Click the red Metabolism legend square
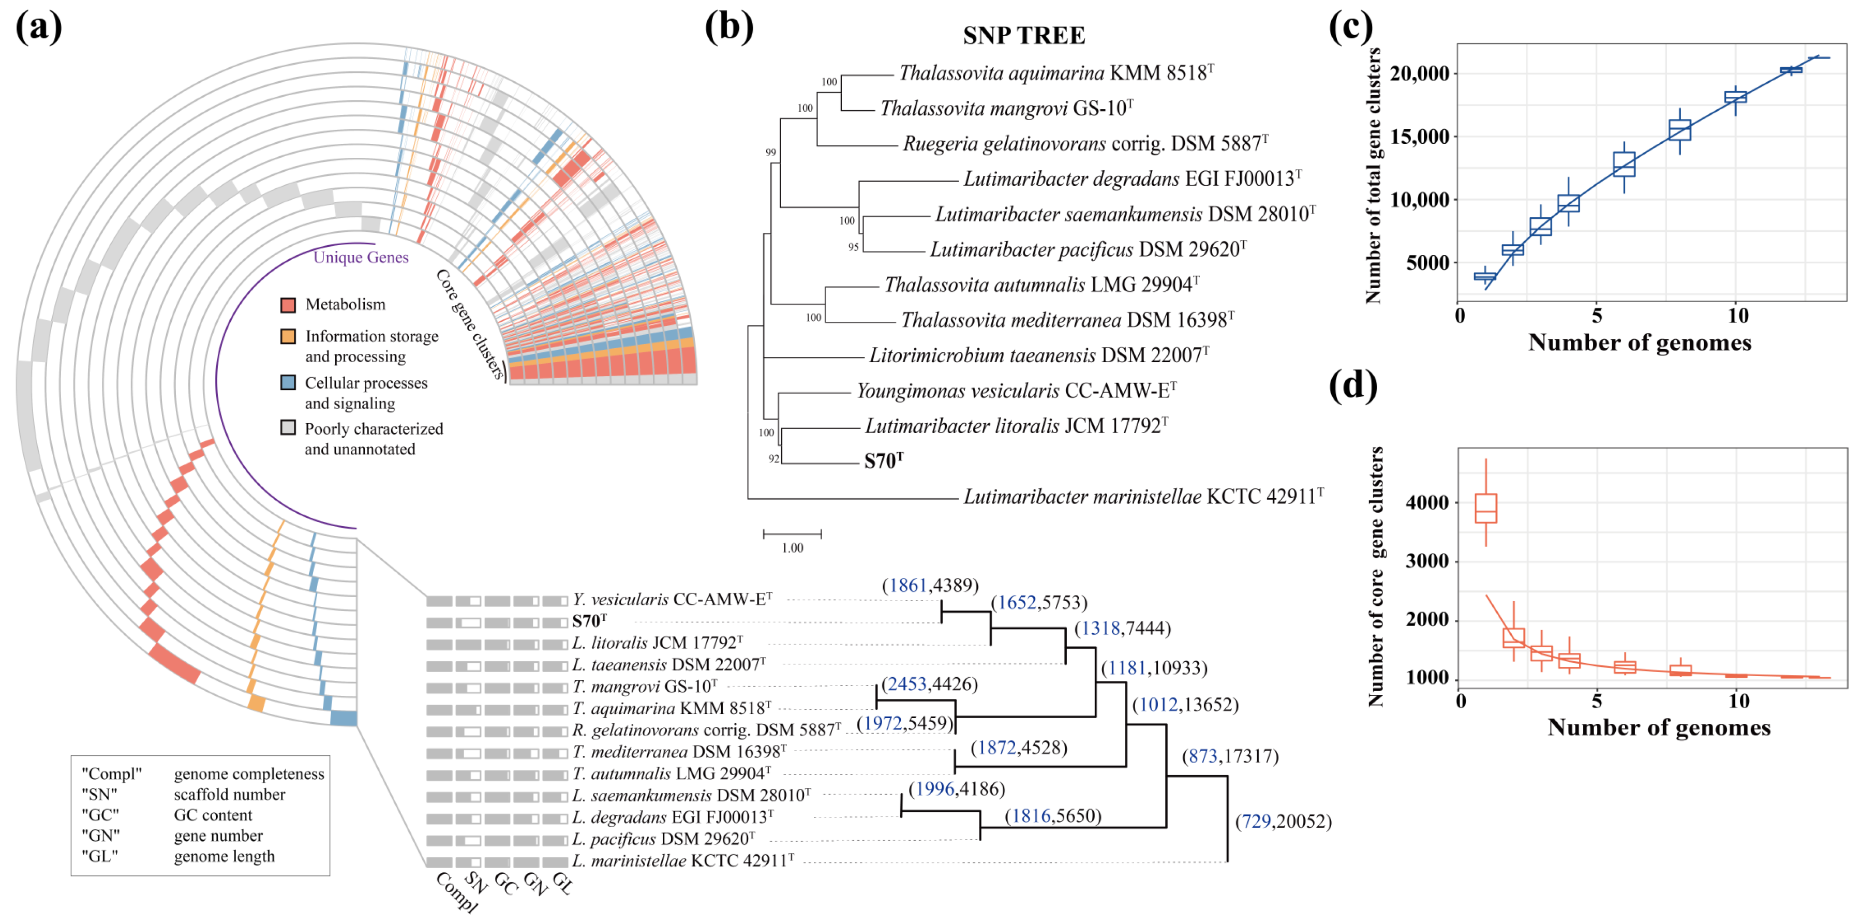pos(288,305)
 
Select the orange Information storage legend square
pos(288,337)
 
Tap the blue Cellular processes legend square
pos(288,383)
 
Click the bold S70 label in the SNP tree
pos(883,461)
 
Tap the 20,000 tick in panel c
pos(1419,73)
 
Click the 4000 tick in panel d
pos(1427,503)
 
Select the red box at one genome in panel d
pos(1485,509)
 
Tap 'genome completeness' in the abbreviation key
pos(248,774)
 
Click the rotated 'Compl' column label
pos(456,892)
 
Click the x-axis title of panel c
pos(1639,342)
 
